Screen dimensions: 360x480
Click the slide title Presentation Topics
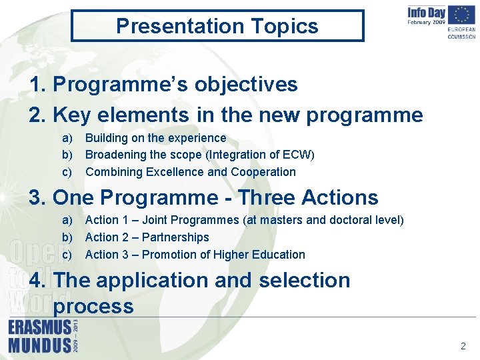[x=217, y=26]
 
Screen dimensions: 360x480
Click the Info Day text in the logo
[x=427, y=12]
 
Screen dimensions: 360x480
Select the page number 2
[x=463, y=346]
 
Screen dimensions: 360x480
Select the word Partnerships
[x=175, y=237]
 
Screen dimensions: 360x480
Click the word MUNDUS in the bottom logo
[x=39, y=345]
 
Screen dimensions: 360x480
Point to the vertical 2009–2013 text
[x=75, y=336]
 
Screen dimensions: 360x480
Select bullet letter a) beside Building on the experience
[x=67, y=138]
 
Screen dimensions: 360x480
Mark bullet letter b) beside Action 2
[x=67, y=237]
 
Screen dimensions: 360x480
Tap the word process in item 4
[x=93, y=306]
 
